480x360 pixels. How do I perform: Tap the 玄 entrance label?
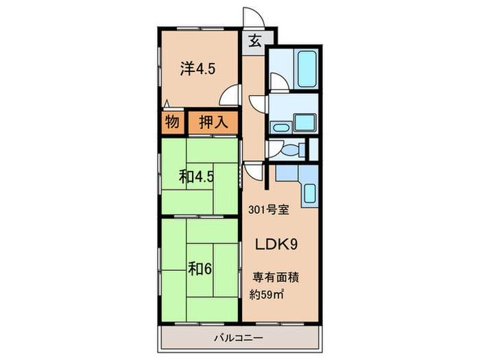(254, 40)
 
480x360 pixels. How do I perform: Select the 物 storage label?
(172, 123)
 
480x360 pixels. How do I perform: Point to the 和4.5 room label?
(197, 176)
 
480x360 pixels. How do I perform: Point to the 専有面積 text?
(276, 279)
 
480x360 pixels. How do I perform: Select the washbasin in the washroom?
(280, 128)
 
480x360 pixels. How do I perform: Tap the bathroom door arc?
(278, 83)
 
